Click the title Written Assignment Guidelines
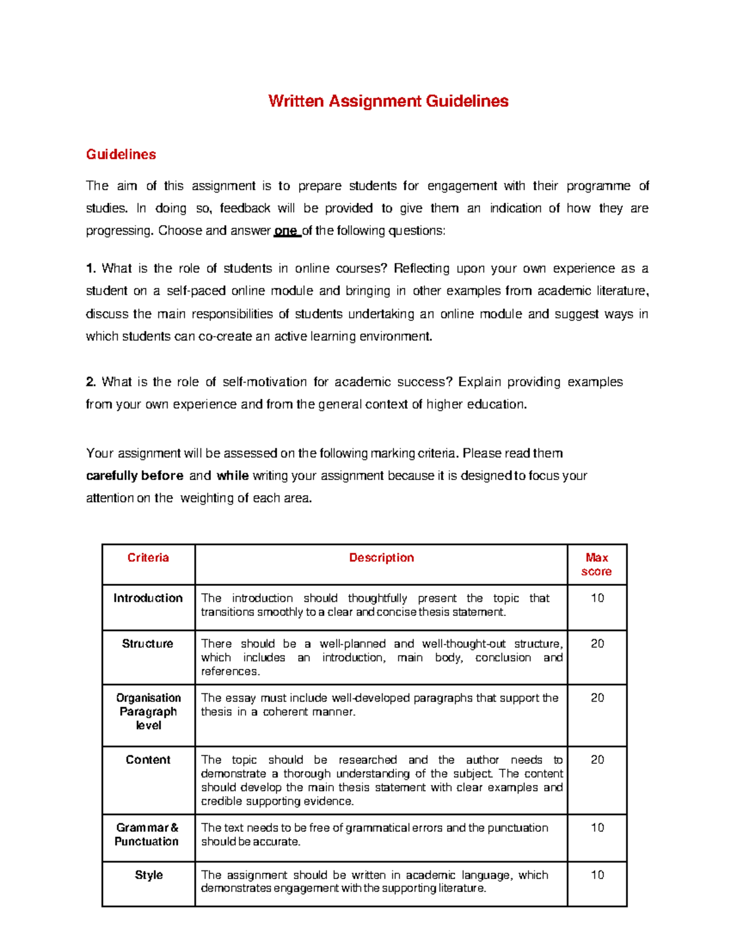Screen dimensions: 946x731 (388, 101)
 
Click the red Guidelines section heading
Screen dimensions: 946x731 (121, 155)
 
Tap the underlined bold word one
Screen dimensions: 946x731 (286, 231)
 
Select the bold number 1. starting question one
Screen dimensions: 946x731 (91, 269)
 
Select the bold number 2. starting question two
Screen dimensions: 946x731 (91, 382)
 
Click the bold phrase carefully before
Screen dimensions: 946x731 (135, 476)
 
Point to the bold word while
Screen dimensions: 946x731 (232, 476)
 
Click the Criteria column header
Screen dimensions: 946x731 (148, 558)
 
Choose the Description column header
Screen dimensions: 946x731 (381, 558)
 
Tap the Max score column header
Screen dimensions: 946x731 (596, 565)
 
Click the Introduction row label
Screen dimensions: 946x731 (148, 598)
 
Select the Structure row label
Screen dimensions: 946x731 (148, 644)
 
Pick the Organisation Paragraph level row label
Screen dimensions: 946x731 (148, 711)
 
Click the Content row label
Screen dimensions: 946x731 (148, 760)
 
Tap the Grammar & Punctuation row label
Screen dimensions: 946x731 (147, 835)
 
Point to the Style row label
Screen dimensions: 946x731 (149, 875)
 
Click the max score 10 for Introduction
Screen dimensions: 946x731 (597, 598)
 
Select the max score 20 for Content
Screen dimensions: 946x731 (597, 760)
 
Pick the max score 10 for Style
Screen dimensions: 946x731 (597, 875)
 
